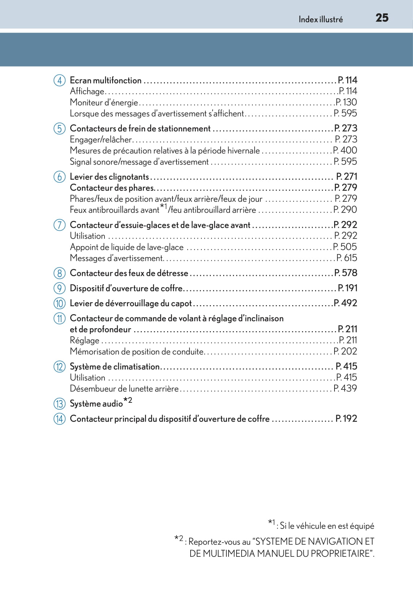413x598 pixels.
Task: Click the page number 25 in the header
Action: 382,18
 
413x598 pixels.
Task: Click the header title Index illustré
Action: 320,20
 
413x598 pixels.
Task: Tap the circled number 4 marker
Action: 60,80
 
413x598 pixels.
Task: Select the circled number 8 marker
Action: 60,273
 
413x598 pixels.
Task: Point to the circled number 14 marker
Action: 60,419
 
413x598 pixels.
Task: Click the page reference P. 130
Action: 346,102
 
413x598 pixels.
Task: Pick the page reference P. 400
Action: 345,150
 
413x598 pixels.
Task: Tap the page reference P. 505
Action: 345,247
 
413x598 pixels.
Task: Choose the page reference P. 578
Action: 346,273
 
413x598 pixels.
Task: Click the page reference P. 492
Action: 345,303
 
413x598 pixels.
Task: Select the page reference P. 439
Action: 345,388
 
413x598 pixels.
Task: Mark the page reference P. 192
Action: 346,419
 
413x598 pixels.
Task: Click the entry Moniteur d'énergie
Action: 104,103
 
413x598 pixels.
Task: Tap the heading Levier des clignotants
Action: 109,177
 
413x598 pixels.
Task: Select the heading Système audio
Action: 96,403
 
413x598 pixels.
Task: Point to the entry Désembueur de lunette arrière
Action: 124,389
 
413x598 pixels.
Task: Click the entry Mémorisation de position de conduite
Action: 137,351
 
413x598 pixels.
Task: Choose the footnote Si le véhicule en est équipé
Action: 327,526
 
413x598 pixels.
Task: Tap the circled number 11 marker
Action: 60,319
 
